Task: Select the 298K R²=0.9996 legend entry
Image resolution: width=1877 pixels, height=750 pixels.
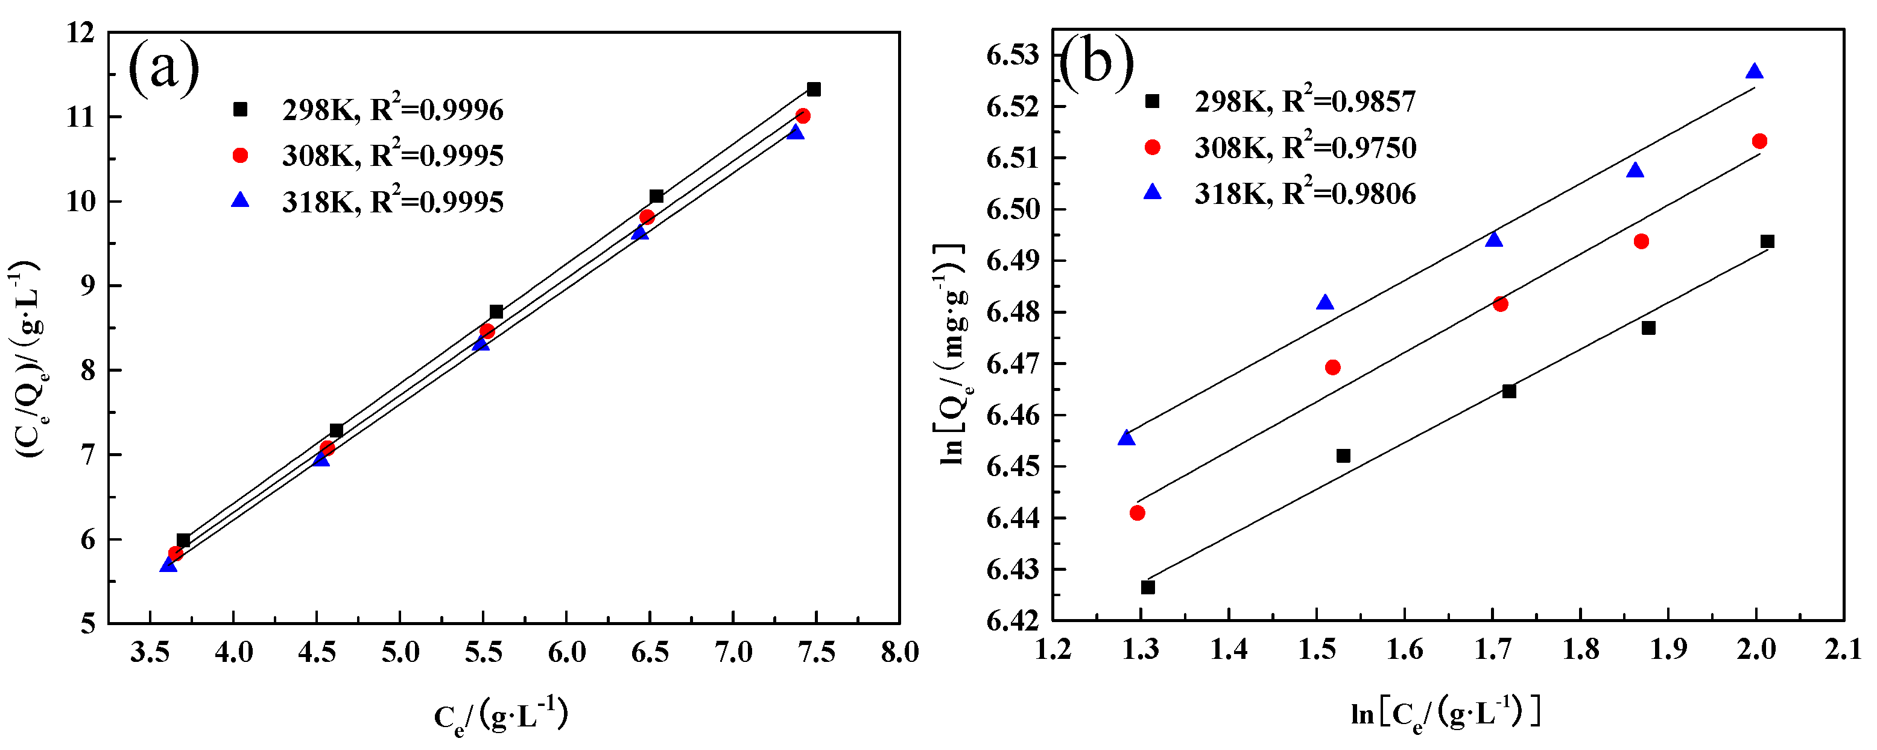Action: [368, 110]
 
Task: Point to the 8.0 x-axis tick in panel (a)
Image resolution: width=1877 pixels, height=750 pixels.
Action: [899, 652]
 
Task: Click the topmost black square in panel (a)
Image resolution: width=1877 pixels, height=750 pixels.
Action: [814, 90]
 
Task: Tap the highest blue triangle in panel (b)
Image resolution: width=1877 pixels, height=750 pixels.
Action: [1755, 71]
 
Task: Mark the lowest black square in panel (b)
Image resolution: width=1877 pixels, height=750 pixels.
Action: [1148, 588]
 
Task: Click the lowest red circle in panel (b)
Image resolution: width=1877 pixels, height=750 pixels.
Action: [1138, 513]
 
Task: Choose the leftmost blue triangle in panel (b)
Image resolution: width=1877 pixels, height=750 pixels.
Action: [1127, 438]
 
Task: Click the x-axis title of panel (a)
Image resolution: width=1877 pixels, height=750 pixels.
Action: [501, 716]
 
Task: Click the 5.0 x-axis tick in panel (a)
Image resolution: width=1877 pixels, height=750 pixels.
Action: [400, 652]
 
